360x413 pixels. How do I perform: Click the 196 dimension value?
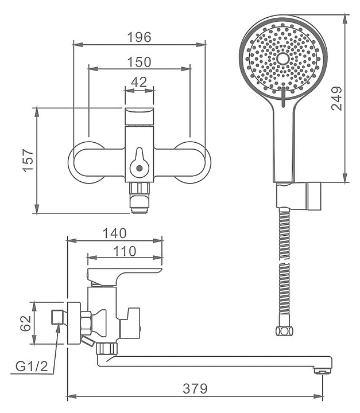tap(139, 37)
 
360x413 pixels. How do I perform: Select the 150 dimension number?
tap(139, 61)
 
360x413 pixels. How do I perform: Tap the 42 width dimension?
tap(139, 82)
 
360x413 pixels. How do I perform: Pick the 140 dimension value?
tap(115, 233)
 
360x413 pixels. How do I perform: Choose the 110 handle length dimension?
tap(125, 251)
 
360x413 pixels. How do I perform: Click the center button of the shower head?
tap(282, 59)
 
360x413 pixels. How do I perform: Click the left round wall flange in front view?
tap(87, 161)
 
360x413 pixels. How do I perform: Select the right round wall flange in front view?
tap(191, 161)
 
